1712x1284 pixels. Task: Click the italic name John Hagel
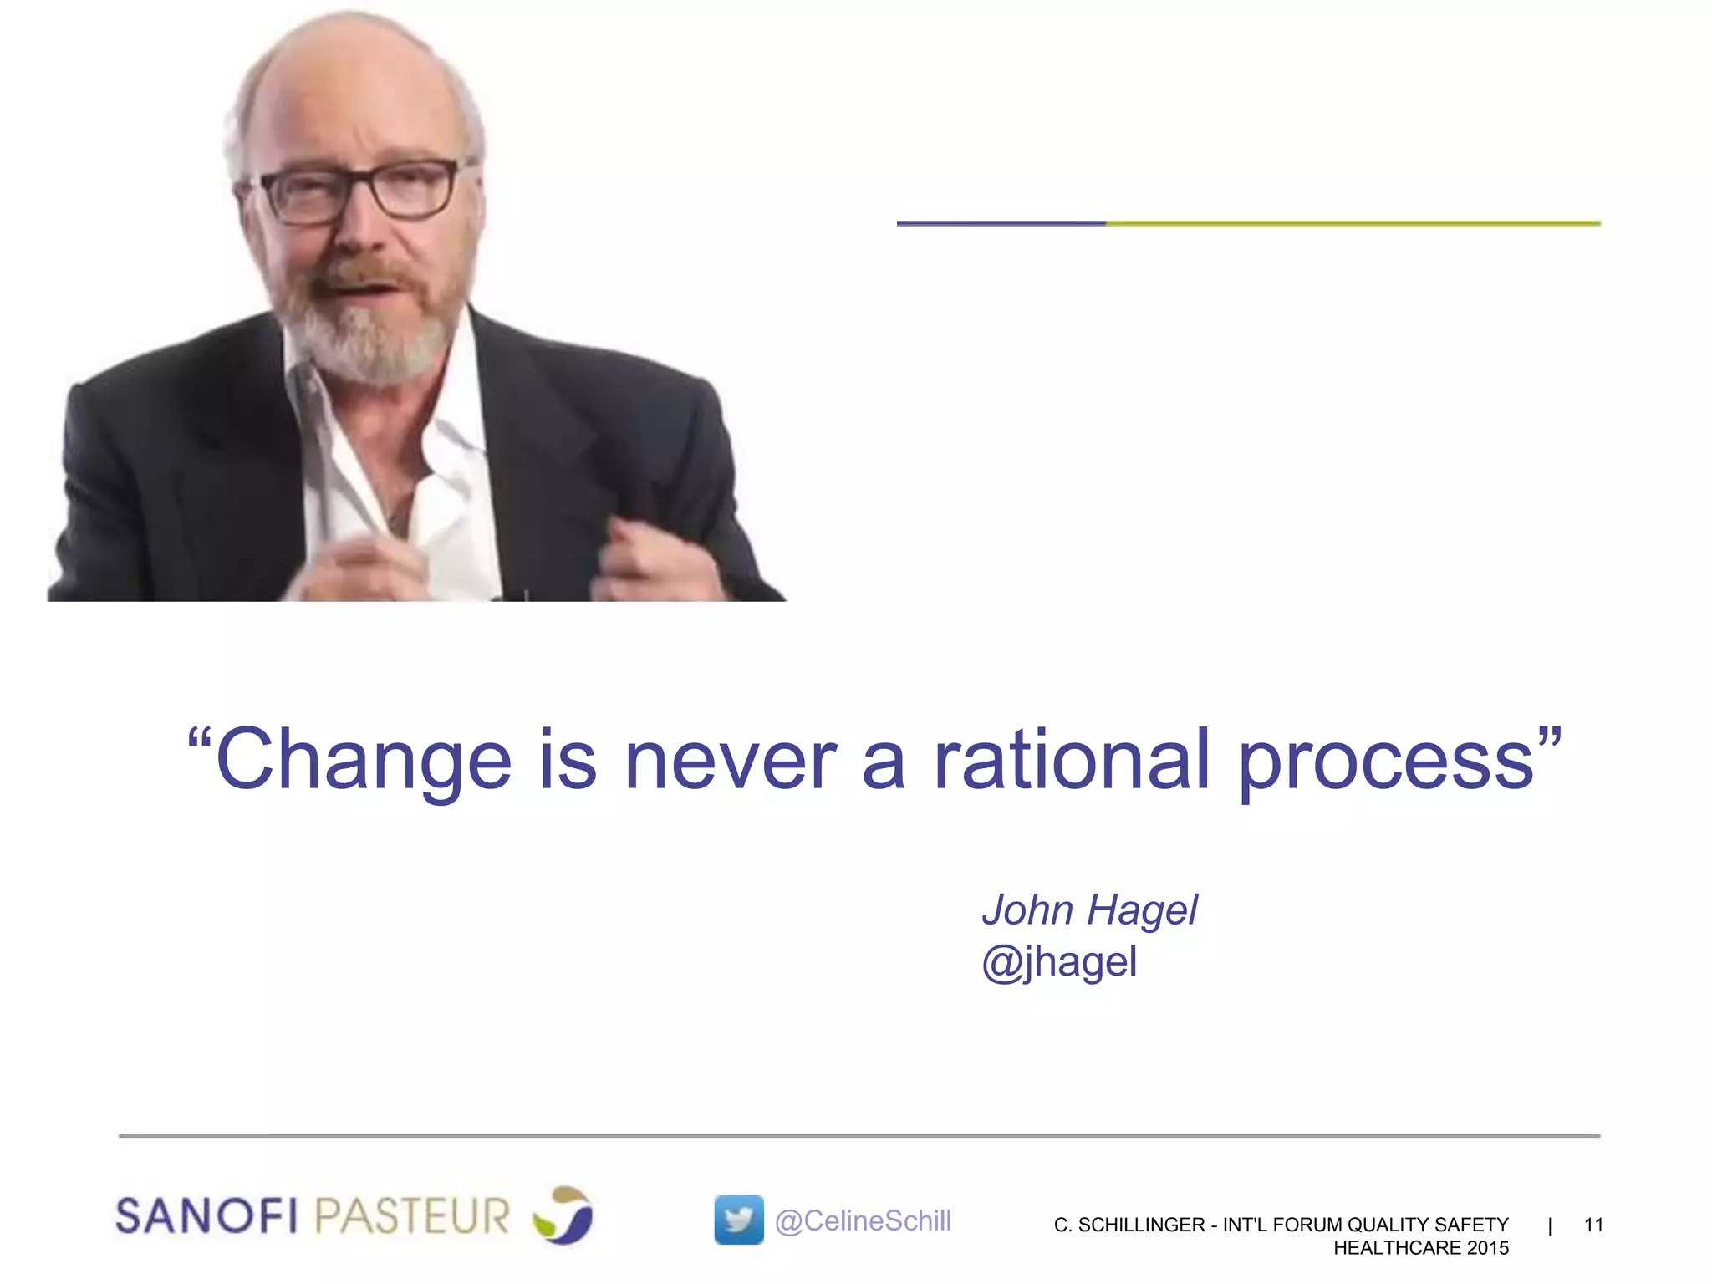[x=1089, y=909]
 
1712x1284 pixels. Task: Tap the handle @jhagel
[x=1059, y=962]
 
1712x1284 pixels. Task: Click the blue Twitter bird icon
[x=739, y=1220]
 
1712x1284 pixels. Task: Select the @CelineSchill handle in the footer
[x=863, y=1220]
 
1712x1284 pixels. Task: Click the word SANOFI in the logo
[x=206, y=1215]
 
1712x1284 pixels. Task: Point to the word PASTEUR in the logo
[x=413, y=1215]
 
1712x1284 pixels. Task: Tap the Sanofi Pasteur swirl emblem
[x=563, y=1215]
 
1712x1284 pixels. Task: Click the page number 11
[x=1593, y=1225]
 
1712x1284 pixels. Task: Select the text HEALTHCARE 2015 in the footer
[x=1421, y=1248]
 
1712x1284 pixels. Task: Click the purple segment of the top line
[x=1001, y=223]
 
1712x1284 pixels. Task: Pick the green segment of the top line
[x=1353, y=223]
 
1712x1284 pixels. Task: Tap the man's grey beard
[x=368, y=343]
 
